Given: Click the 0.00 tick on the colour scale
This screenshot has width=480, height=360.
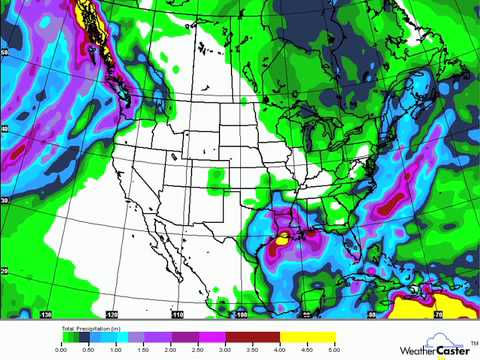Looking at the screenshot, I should [62, 349].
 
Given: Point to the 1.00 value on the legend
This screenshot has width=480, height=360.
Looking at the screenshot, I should [117, 349].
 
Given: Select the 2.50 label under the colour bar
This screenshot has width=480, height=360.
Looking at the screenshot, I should [199, 349].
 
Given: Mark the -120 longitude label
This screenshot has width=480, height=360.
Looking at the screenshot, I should [112, 312].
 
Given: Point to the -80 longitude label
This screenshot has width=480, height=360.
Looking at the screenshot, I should [370, 312].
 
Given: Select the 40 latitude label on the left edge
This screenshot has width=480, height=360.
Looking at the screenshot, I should [5, 129].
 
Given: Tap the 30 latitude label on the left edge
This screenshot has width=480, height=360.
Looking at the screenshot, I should [5, 200].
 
